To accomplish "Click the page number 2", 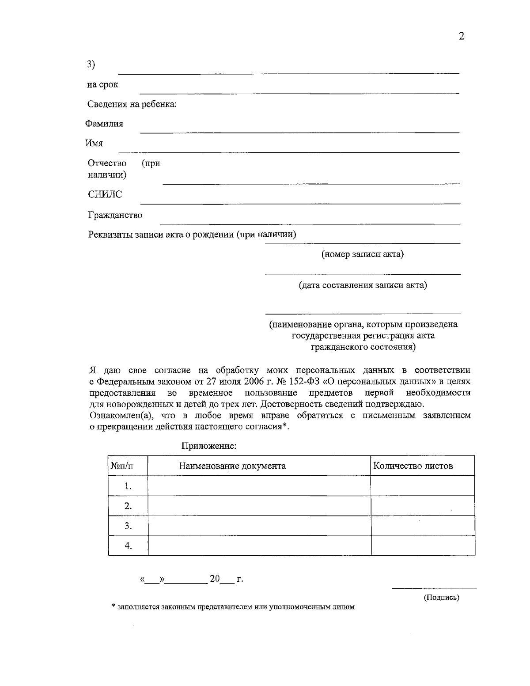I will pos(462,37).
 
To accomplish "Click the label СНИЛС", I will pos(105,194).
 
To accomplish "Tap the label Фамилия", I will pos(104,124).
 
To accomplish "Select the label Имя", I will pos(94,144).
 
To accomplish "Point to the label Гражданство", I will pos(115,216).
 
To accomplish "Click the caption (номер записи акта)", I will pos(362,254).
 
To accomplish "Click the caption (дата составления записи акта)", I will pos(363,285).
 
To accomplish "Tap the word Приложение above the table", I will pos(209,446).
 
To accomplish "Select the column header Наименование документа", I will pos(232,466).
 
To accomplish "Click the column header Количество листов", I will pos(413,466).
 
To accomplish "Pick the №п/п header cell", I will pos(122,466).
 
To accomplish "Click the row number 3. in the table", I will pos(128,526).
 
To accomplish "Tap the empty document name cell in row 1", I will pos(259,486).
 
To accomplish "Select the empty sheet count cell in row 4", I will pos(423,546).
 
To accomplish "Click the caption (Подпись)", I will pos(441,598).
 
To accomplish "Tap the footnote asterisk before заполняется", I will pos(114,607).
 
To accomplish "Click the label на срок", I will pos(102,84).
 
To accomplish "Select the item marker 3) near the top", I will pos(91,64).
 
